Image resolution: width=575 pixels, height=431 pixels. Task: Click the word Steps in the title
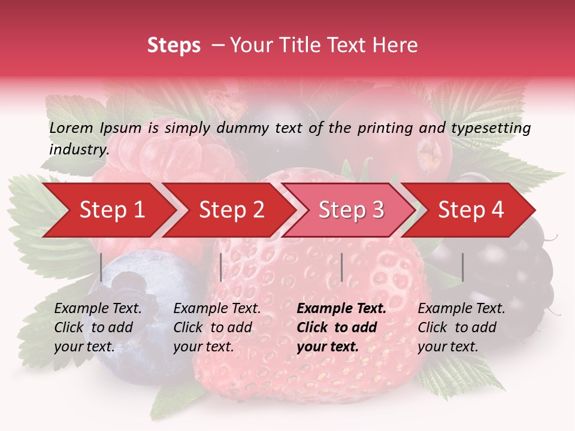tap(174, 45)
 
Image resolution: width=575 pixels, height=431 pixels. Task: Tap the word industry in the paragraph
tap(78, 150)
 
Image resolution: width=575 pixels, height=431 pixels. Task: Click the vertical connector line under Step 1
tap(101, 267)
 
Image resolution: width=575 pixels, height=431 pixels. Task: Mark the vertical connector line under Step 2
tap(221, 267)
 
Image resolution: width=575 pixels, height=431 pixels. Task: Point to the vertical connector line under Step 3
tap(341, 267)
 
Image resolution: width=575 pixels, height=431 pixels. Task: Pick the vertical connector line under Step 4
tap(462, 267)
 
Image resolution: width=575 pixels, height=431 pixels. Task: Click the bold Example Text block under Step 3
tap(341, 327)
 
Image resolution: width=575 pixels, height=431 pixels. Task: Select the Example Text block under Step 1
tap(98, 327)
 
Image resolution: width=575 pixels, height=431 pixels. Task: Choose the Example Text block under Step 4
tap(461, 327)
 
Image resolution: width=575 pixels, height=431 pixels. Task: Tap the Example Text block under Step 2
tap(217, 327)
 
